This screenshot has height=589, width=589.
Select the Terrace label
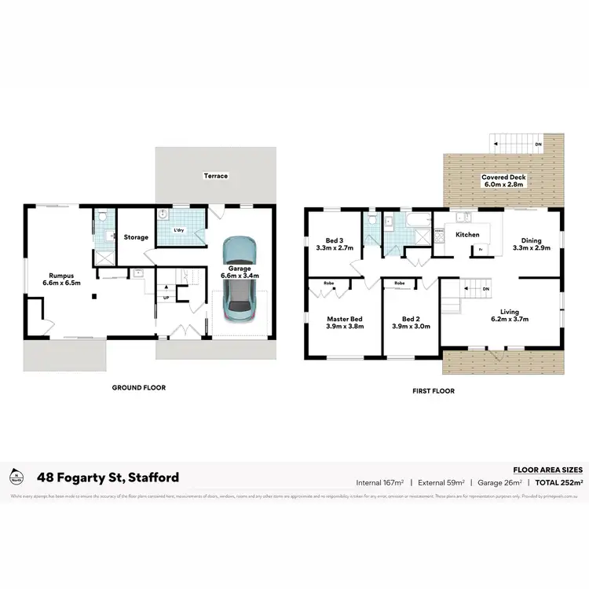[x=216, y=176]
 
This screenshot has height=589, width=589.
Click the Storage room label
[x=135, y=237]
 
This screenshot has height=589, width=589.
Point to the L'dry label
[x=179, y=229]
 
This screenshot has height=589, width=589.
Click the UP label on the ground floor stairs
[x=166, y=298]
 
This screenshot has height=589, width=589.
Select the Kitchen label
[x=468, y=234]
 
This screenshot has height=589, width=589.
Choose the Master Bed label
[x=345, y=323]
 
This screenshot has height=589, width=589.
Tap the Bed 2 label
[x=411, y=323]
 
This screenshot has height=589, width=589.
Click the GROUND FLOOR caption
[x=138, y=387]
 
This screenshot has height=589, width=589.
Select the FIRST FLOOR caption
[x=434, y=390]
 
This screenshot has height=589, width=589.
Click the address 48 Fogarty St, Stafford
[x=108, y=477]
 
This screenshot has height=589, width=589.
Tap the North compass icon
[x=16, y=476]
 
